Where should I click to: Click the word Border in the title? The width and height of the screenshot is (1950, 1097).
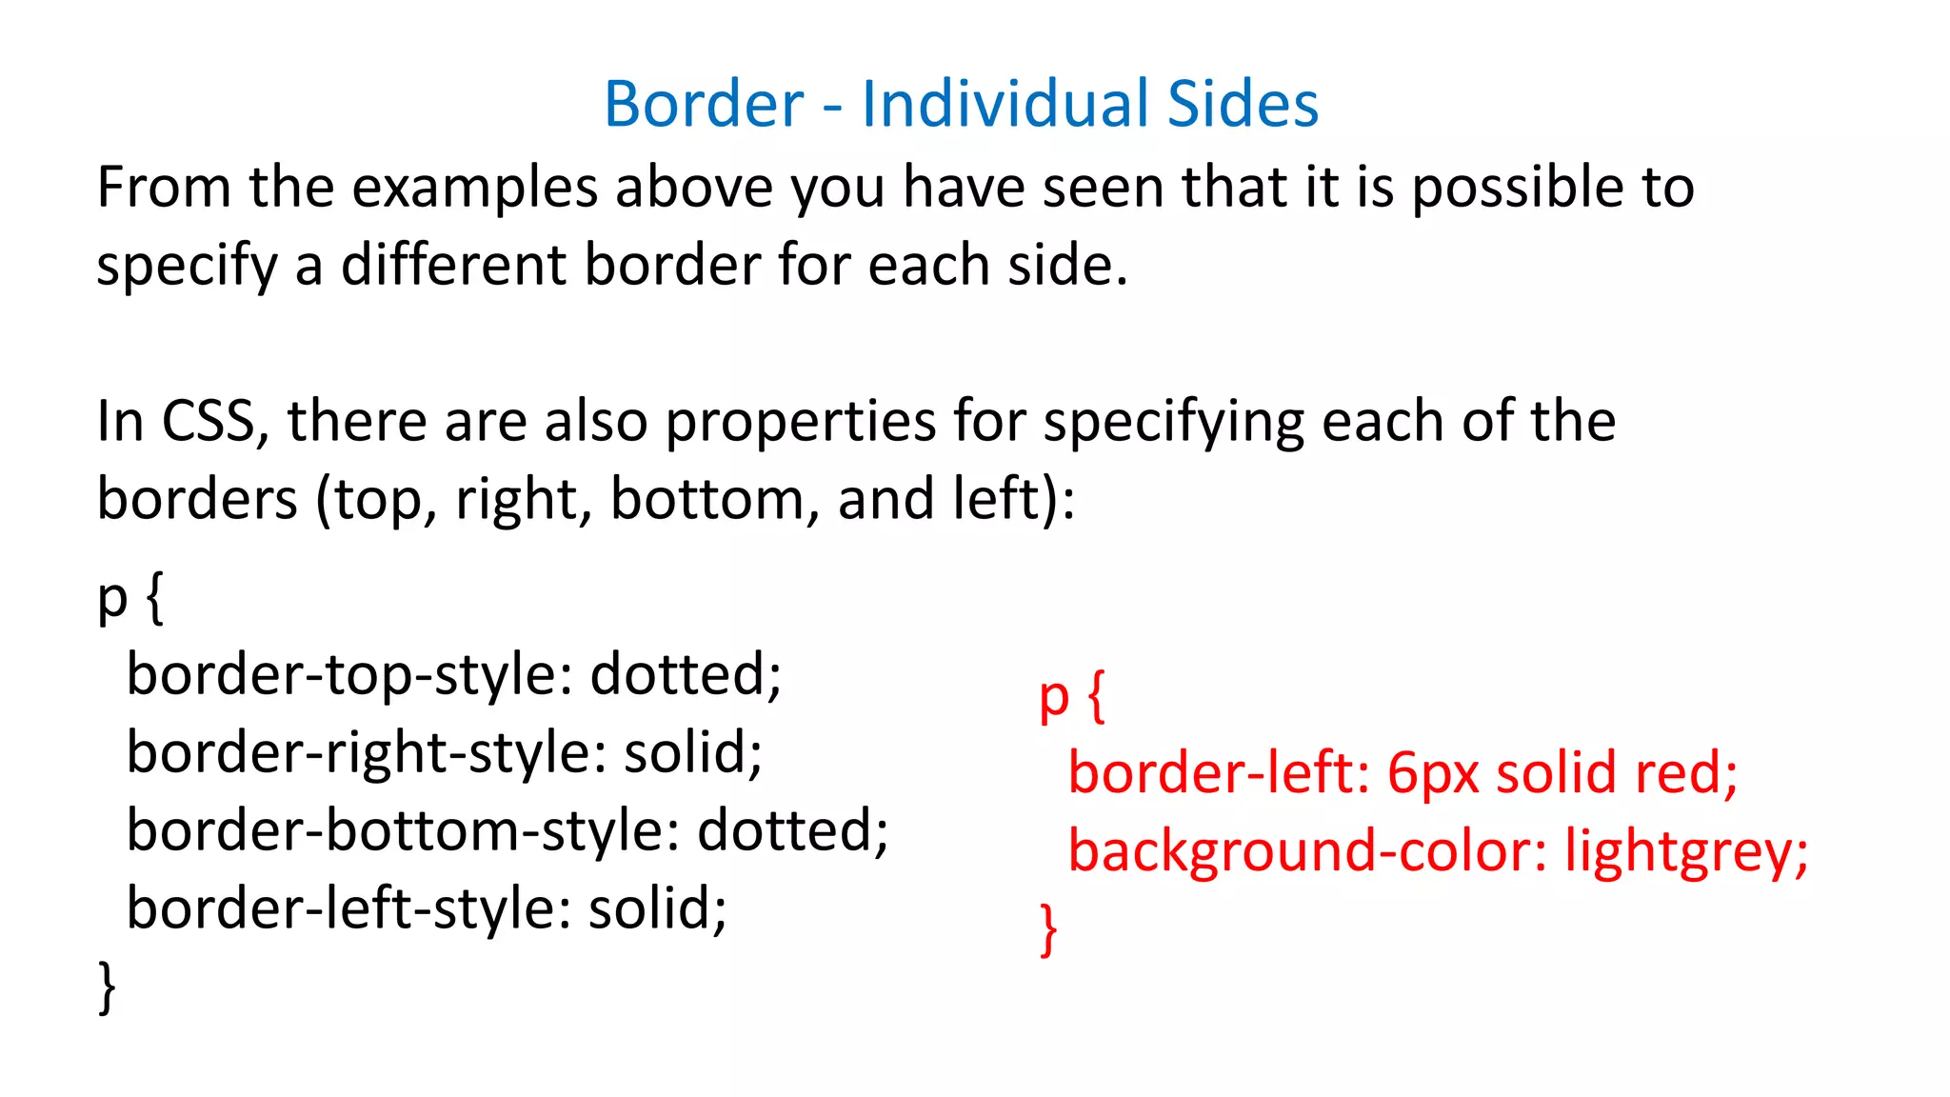[704, 104]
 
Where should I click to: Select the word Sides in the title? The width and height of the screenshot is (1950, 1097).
[1243, 104]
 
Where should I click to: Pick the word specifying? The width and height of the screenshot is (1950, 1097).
[1174, 423]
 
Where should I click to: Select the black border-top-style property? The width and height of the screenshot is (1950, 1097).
[348, 675]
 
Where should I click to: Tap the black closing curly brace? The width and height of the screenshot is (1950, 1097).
[108, 987]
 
